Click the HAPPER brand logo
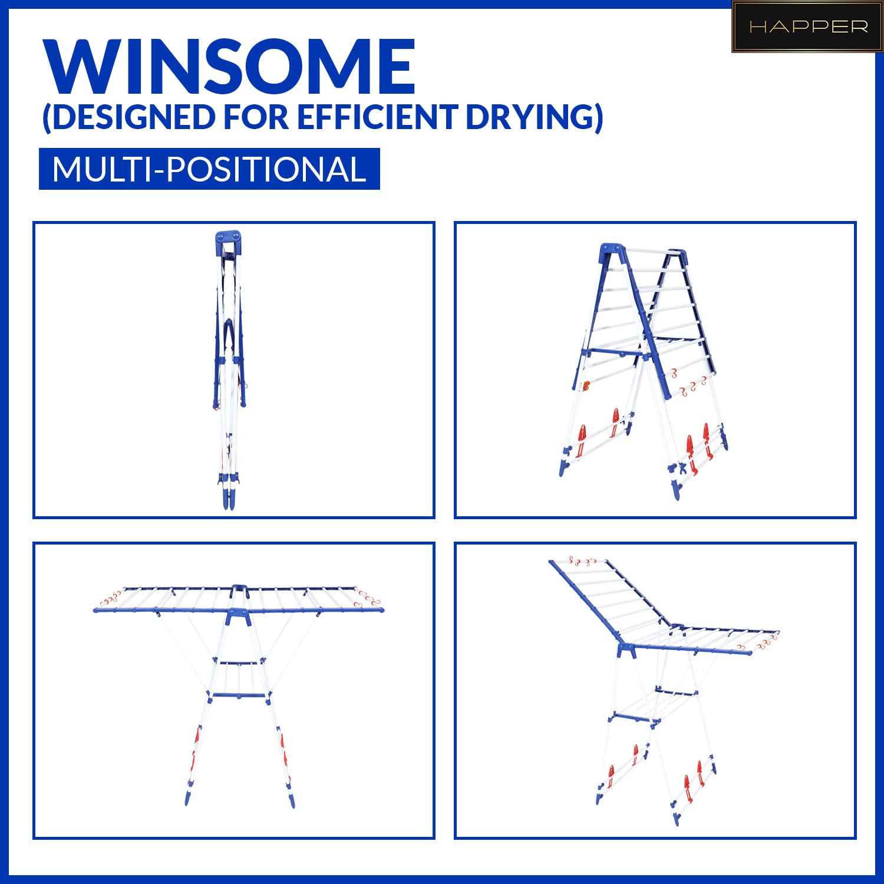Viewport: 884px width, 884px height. [x=807, y=27]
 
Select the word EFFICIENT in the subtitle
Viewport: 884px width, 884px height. [x=378, y=117]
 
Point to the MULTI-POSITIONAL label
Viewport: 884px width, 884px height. [x=209, y=169]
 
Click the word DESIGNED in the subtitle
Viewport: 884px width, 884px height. [x=128, y=117]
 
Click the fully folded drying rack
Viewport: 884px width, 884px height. [x=230, y=370]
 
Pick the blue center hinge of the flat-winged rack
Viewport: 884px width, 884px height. [x=239, y=613]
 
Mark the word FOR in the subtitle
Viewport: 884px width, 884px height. [x=256, y=117]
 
